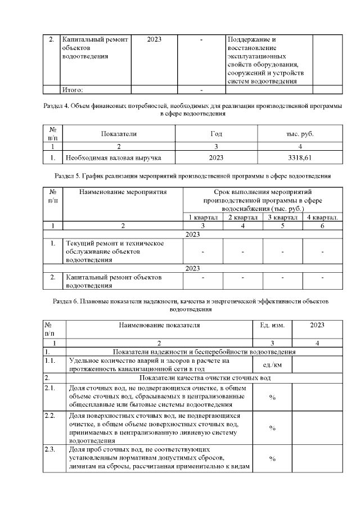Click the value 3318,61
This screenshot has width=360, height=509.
tap(299, 158)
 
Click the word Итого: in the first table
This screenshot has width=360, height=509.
tap(73, 89)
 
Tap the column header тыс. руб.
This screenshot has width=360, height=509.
tap(300, 134)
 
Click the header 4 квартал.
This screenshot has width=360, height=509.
tap(322, 218)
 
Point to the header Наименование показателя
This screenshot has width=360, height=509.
tap(159, 325)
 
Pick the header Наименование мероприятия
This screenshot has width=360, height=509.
tap(123, 193)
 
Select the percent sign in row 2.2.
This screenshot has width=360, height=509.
tap(272, 427)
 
